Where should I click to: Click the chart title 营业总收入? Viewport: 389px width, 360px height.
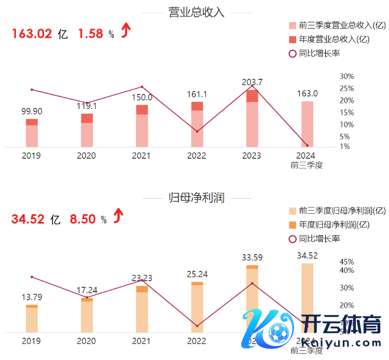(x=197, y=13)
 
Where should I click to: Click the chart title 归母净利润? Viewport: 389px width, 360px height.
(x=197, y=198)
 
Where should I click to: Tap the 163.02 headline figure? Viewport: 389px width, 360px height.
(x=32, y=34)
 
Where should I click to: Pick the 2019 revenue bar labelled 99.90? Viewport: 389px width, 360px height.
(x=32, y=133)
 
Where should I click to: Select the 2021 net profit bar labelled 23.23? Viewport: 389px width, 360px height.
(x=142, y=309)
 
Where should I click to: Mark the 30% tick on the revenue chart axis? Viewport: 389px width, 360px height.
(x=332, y=76)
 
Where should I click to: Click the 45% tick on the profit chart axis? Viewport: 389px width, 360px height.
(x=332, y=261)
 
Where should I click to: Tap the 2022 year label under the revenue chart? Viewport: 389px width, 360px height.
(x=197, y=156)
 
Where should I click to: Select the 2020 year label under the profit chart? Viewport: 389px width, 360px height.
(x=87, y=341)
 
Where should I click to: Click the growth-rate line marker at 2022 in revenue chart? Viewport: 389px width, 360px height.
(x=197, y=132)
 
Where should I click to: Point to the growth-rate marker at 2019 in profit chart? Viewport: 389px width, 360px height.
(x=32, y=277)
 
